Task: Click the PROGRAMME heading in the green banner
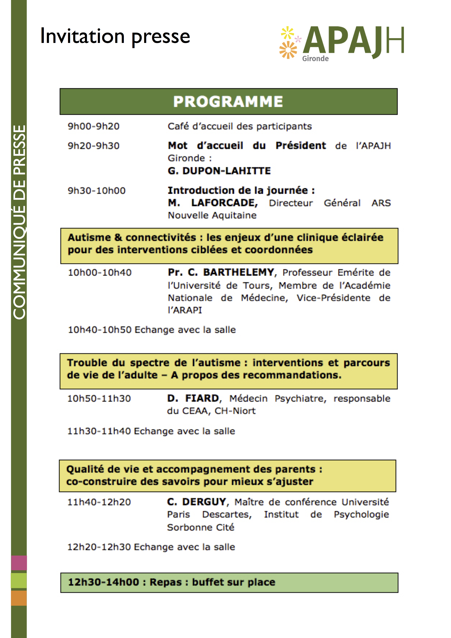228,102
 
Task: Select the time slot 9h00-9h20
94,126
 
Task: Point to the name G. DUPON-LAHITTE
219,171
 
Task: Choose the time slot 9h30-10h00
97,191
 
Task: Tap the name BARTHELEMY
239,272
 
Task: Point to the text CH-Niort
235,411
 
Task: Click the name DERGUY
204,502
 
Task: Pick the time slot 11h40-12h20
99,502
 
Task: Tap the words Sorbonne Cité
201,527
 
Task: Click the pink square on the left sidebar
19,563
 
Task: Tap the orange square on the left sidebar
19,598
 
